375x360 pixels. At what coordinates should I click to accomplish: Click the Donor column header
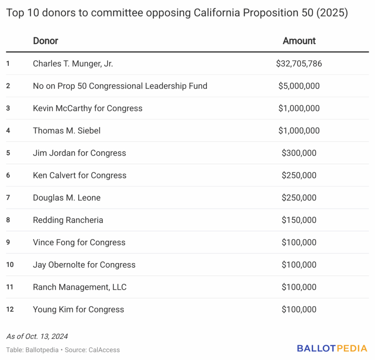[x=45, y=41]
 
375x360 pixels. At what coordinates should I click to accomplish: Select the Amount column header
[x=299, y=41]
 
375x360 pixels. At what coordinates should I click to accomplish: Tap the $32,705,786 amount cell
[x=299, y=64]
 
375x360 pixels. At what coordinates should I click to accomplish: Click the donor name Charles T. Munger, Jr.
[x=73, y=64]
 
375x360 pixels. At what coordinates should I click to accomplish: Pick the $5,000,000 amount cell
[x=299, y=86]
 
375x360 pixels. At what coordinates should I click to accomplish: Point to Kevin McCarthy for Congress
[x=88, y=108]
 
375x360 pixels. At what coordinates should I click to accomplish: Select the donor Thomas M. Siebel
[x=67, y=131]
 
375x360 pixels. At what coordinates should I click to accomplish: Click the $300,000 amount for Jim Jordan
[x=299, y=153]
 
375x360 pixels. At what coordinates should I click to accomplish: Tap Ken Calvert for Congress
[x=79, y=175]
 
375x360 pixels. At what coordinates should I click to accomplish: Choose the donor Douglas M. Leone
[x=67, y=198]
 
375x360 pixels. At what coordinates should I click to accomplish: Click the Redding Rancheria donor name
[x=68, y=220]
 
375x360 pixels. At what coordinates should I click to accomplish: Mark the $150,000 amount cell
[x=299, y=220]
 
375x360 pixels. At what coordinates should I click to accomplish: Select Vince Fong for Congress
[x=79, y=242]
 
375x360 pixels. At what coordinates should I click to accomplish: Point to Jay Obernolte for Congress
[x=84, y=265]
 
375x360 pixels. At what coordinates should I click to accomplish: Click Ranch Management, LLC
[x=79, y=287]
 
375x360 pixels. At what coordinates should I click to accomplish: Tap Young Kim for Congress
[x=78, y=309]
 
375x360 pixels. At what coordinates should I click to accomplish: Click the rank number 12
[x=10, y=309]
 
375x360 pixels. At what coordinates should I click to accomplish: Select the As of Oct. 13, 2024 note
[x=37, y=336]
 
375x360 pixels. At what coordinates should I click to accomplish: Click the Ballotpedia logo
[x=332, y=348]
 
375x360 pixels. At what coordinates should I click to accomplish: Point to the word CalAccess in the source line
[x=104, y=350]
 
